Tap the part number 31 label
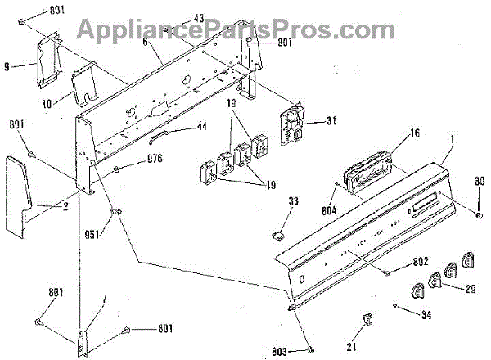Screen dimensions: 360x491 point(331,122)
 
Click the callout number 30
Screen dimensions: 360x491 point(480,181)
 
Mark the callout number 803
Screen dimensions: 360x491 point(279,352)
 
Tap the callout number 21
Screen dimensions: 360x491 point(352,346)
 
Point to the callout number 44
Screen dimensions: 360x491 point(200,127)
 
